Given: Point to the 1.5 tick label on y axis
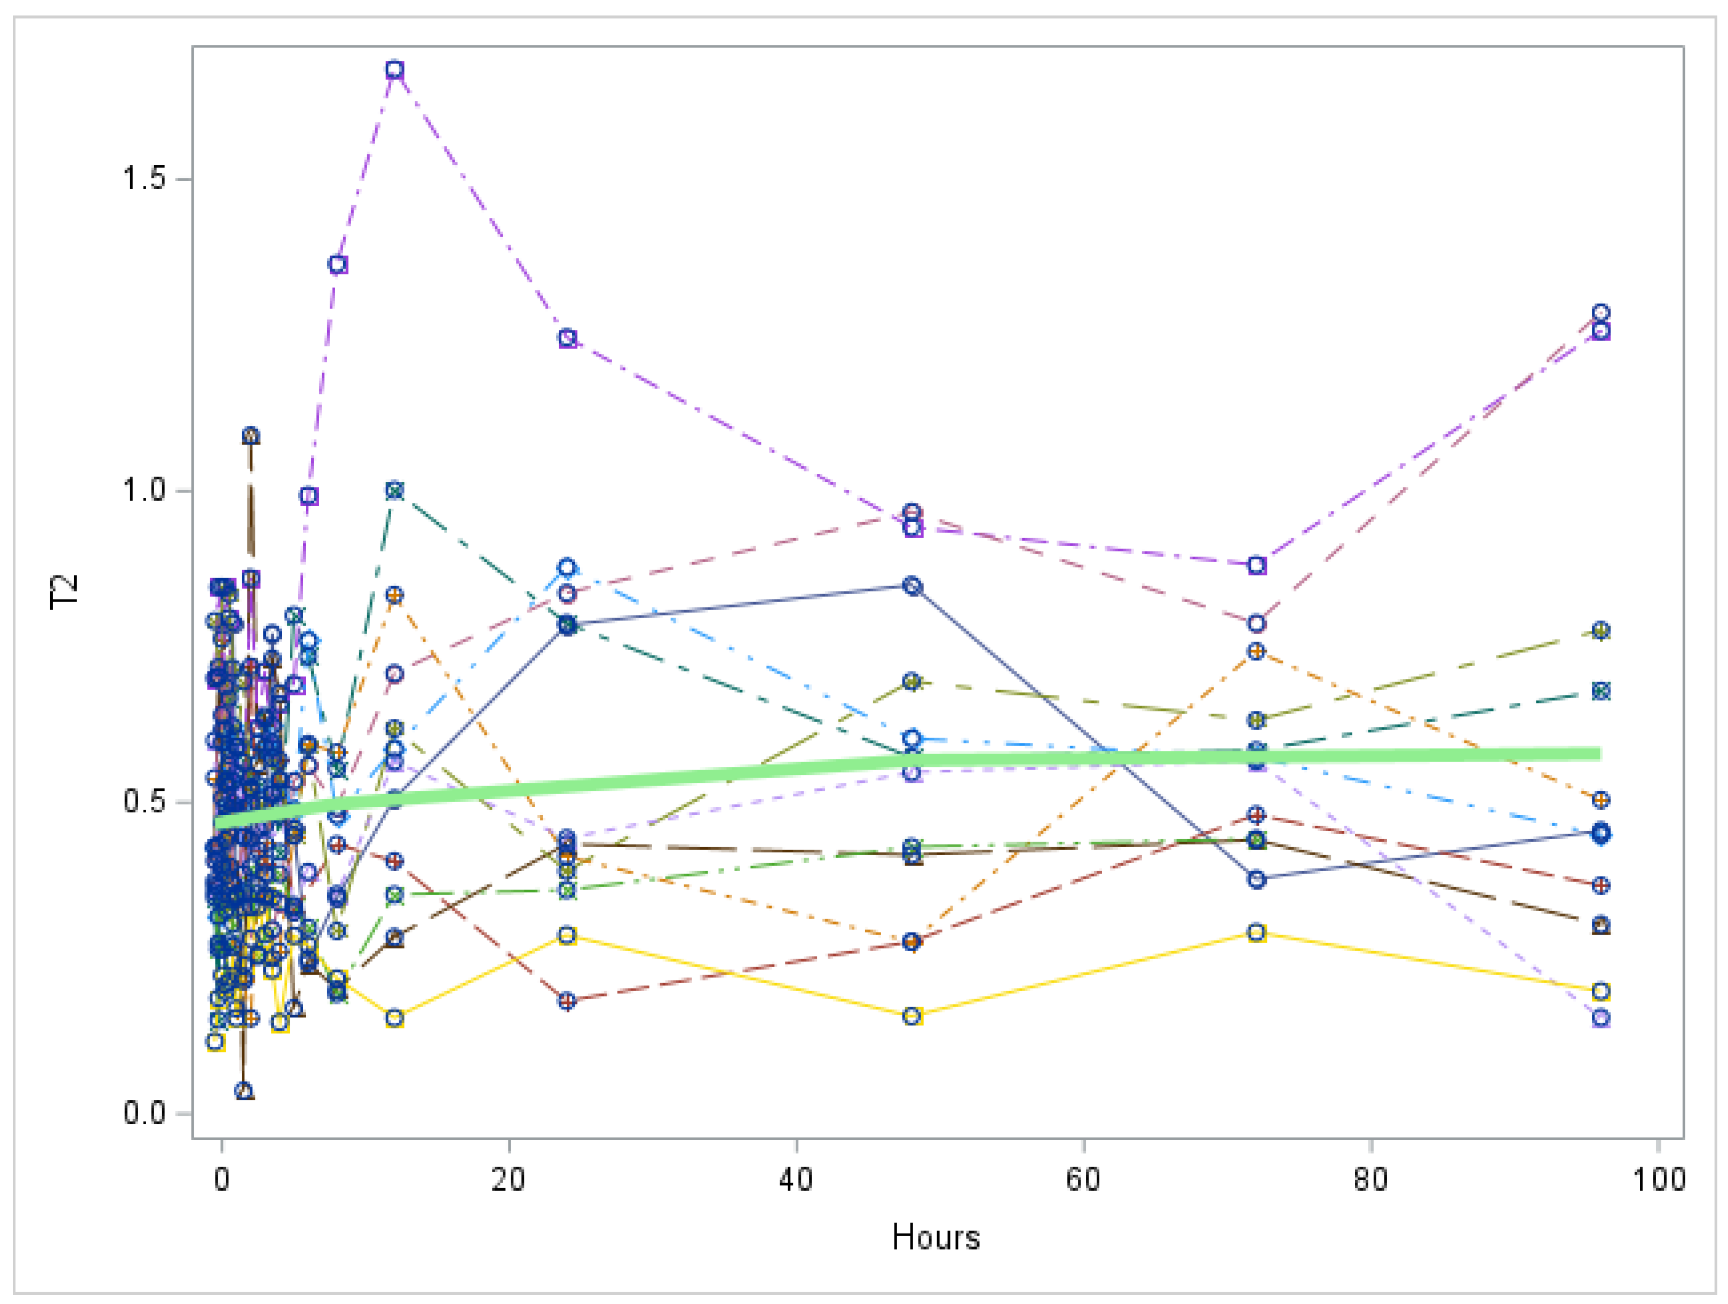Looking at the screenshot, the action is [145, 178].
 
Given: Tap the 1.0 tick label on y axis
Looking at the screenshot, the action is [145, 490].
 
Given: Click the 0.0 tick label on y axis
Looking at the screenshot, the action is [145, 1112].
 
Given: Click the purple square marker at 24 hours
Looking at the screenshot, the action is [567, 338].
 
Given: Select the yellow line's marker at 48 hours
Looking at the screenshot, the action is [911, 1016].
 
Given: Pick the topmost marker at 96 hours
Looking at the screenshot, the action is [1600, 313].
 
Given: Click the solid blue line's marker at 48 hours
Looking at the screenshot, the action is [911, 586].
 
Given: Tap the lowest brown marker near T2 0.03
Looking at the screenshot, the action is [244, 1090].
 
